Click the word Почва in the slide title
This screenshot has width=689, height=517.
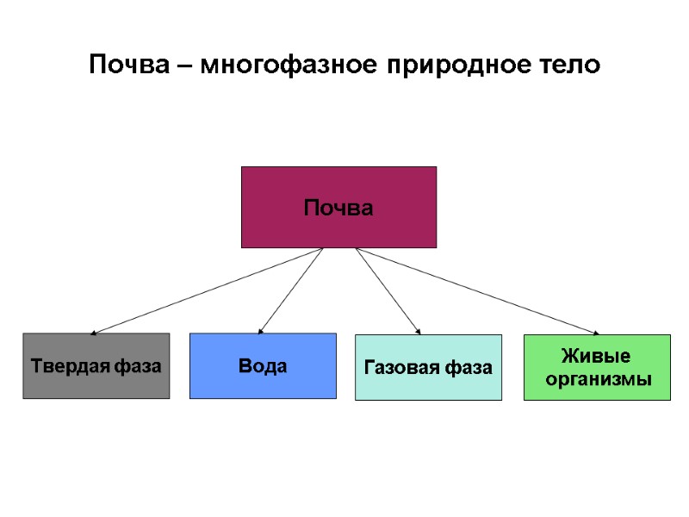(x=128, y=65)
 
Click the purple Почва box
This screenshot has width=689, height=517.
(x=338, y=207)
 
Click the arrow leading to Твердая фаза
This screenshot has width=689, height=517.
(x=207, y=290)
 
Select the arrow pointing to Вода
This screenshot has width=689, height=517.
(x=290, y=290)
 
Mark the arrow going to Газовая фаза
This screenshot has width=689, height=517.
(x=388, y=290)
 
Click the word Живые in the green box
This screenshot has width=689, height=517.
(x=596, y=357)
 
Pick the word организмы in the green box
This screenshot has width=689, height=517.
(x=597, y=378)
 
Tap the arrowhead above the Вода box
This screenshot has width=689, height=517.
(x=261, y=330)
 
